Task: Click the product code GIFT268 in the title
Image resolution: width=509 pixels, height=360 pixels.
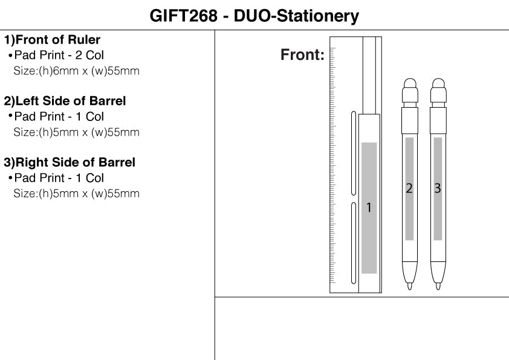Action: pyautogui.click(x=183, y=16)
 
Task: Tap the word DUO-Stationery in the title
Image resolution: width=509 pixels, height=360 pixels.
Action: pyautogui.click(x=296, y=16)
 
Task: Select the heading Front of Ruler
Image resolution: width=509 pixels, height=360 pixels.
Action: pyautogui.click(x=58, y=40)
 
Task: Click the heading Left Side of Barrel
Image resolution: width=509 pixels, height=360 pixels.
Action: pyautogui.click(x=71, y=101)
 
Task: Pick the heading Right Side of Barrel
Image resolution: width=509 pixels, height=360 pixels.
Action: pyautogui.click(x=76, y=163)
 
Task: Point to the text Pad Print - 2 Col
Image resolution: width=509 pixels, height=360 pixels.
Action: pyautogui.click(x=59, y=55)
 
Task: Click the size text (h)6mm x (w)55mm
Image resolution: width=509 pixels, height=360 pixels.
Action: pyautogui.click(x=89, y=71)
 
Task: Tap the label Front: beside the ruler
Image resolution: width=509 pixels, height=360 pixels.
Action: pyautogui.click(x=302, y=54)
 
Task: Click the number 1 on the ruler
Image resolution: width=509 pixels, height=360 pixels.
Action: pyautogui.click(x=369, y=208)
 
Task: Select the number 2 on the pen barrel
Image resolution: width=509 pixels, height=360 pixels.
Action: pyautogui.click(x=409, y=188)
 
